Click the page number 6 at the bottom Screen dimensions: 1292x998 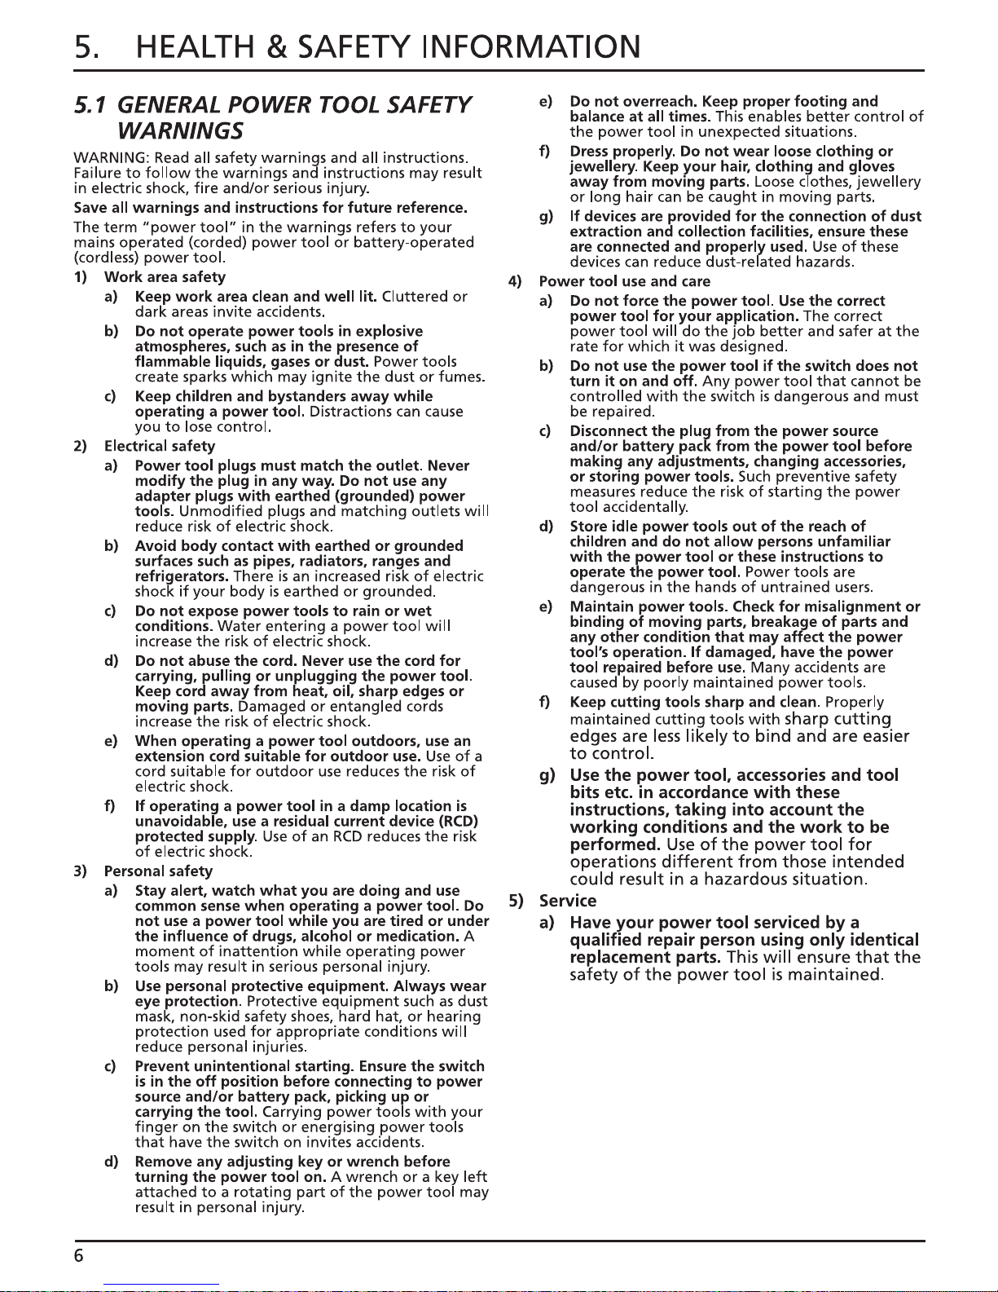pos(78,1255)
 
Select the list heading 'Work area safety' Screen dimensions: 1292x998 pos(165,277)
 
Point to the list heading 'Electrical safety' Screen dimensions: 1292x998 pos(160,446)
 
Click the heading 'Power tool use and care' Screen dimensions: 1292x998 pos(625,281)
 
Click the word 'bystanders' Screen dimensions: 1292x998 pos(306,396)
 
